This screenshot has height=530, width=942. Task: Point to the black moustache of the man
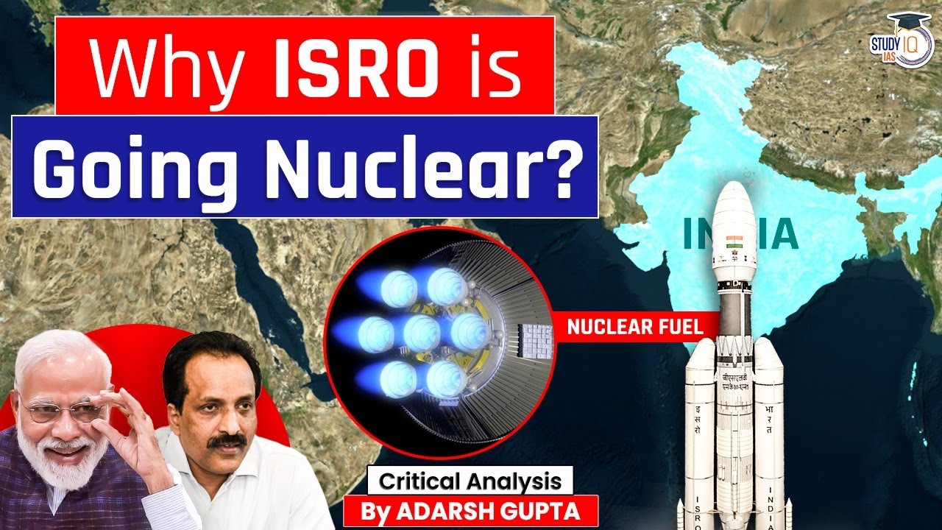[226, 441]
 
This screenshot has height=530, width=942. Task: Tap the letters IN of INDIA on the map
[696, 234]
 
